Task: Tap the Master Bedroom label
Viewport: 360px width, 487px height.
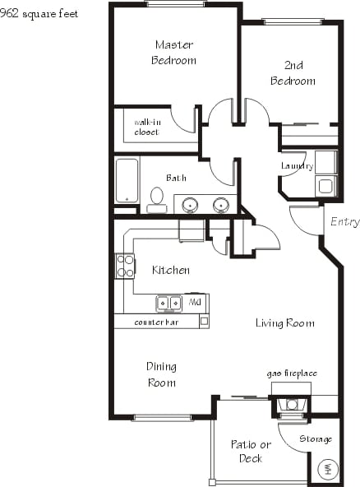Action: point(173,52)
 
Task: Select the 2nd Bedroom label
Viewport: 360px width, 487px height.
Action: point(293,73)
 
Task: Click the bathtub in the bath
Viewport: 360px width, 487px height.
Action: point(127,180)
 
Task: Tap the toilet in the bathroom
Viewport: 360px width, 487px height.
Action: point(156,199)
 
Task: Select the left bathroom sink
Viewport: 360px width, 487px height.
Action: point(190,204)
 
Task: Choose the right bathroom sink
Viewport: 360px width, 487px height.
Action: point(220,204)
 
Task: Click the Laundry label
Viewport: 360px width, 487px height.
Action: point(297,166)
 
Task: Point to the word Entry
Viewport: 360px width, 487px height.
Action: point(344,222)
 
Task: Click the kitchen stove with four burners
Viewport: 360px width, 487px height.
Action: point(126,266)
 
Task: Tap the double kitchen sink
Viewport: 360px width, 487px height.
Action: point(170,303)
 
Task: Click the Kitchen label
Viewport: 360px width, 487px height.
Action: point(171,270)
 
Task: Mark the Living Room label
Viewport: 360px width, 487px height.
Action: point(284,323)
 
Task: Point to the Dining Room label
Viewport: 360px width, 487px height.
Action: point(161,374)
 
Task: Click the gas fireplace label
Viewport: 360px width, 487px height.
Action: point(291,373)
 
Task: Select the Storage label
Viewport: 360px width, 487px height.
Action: point(316,438)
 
